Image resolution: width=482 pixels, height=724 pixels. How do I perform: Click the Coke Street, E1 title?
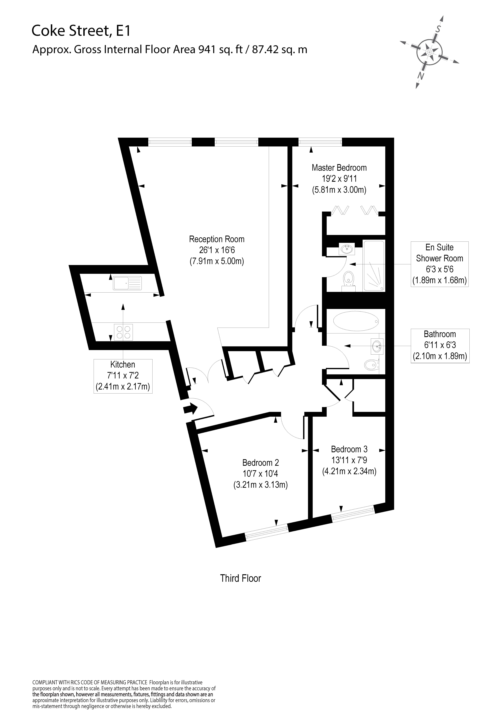tap(81, 31)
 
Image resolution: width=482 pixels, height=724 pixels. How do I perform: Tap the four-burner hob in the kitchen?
tap(124, 332)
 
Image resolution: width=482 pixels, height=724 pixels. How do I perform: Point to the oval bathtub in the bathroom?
tap(356, 321)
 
